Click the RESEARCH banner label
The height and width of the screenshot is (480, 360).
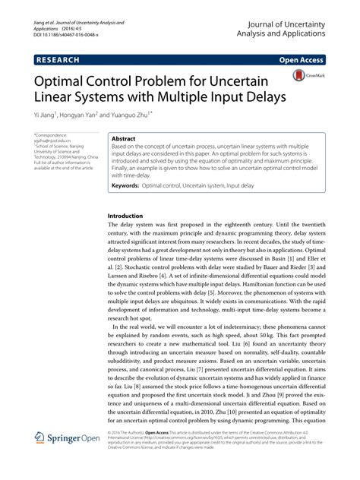pyautogui.click(x=64, y=58)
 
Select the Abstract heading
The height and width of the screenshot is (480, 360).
pyautogui.click(x=124, y=141)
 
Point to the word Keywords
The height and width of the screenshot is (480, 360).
pyautogui.click(x=127, y=185)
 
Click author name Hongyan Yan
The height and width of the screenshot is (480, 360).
pyautogui.click(x=84, y=115)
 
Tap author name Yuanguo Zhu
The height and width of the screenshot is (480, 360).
pyautogui.click(x=132, y=115)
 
